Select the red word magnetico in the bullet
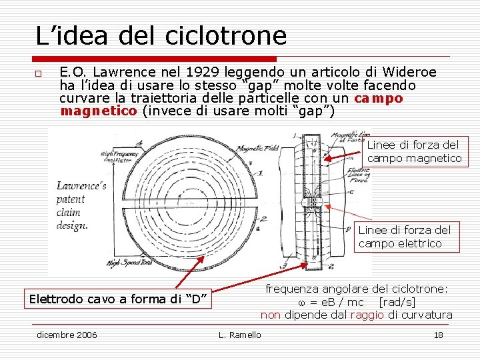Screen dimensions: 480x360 point(99,111)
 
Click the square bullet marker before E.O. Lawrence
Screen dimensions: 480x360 point(39,73)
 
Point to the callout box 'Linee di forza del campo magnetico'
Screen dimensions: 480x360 point(414,151)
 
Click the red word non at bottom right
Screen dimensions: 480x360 point(270,315)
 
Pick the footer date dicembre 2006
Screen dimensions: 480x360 point(67,335)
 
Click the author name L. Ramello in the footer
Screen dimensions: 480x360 point(240,335)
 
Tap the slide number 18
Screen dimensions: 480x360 point(438,335)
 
